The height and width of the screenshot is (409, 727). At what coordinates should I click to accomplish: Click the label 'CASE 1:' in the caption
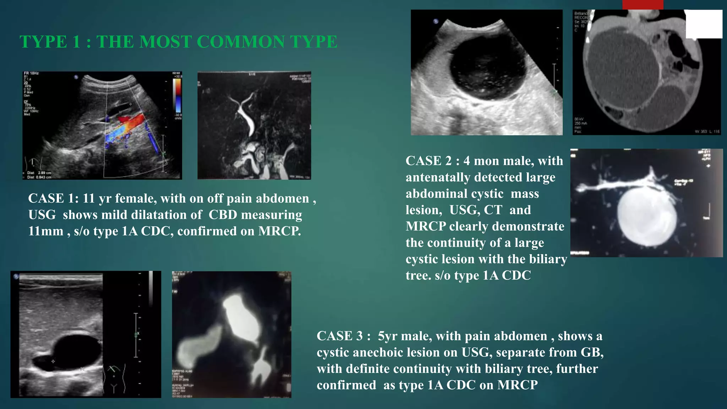click(x=53, y=198)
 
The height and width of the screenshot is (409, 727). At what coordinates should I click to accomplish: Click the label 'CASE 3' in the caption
click(x=339, y=336)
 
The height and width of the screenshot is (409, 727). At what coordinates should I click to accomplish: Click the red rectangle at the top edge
click(x=643, y=5)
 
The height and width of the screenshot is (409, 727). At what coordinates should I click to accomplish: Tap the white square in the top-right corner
click(x=704, y=24)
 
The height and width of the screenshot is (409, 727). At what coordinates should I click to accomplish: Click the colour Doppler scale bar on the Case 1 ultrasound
click(x=177, y=96)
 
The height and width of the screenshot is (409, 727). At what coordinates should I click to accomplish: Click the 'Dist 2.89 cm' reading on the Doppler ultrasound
click(x=39, y=173)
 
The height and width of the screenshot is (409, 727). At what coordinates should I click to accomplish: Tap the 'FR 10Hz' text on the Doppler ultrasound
click(x=31, y=73)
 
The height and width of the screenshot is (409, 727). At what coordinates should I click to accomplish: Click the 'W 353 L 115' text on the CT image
click(x=707, y=132)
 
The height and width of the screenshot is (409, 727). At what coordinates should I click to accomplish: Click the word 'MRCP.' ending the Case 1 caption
click(x=279, y=231)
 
